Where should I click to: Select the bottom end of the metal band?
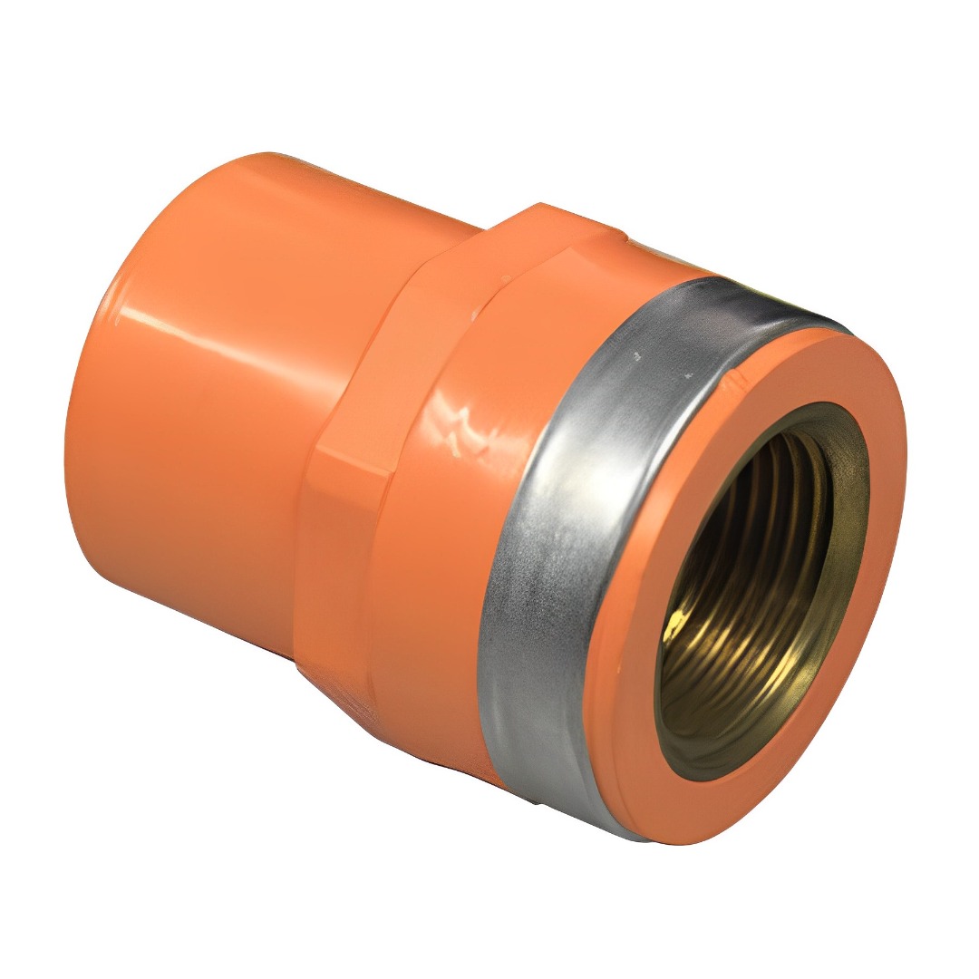(589, 816)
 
